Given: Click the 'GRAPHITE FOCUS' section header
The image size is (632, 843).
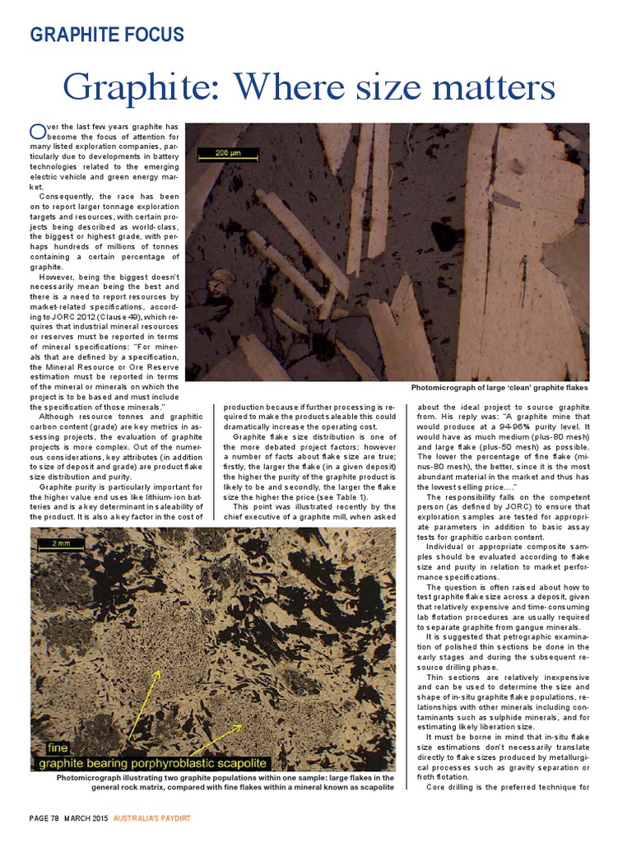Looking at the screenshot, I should coord(107,35).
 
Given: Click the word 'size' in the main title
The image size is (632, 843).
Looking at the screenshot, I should coord(397,86).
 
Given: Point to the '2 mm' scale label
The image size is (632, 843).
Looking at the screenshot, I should coord(61,544).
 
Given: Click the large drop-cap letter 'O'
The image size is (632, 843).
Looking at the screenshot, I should coord(37,131).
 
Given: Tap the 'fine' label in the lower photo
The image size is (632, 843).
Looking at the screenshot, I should coord(58,748).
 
